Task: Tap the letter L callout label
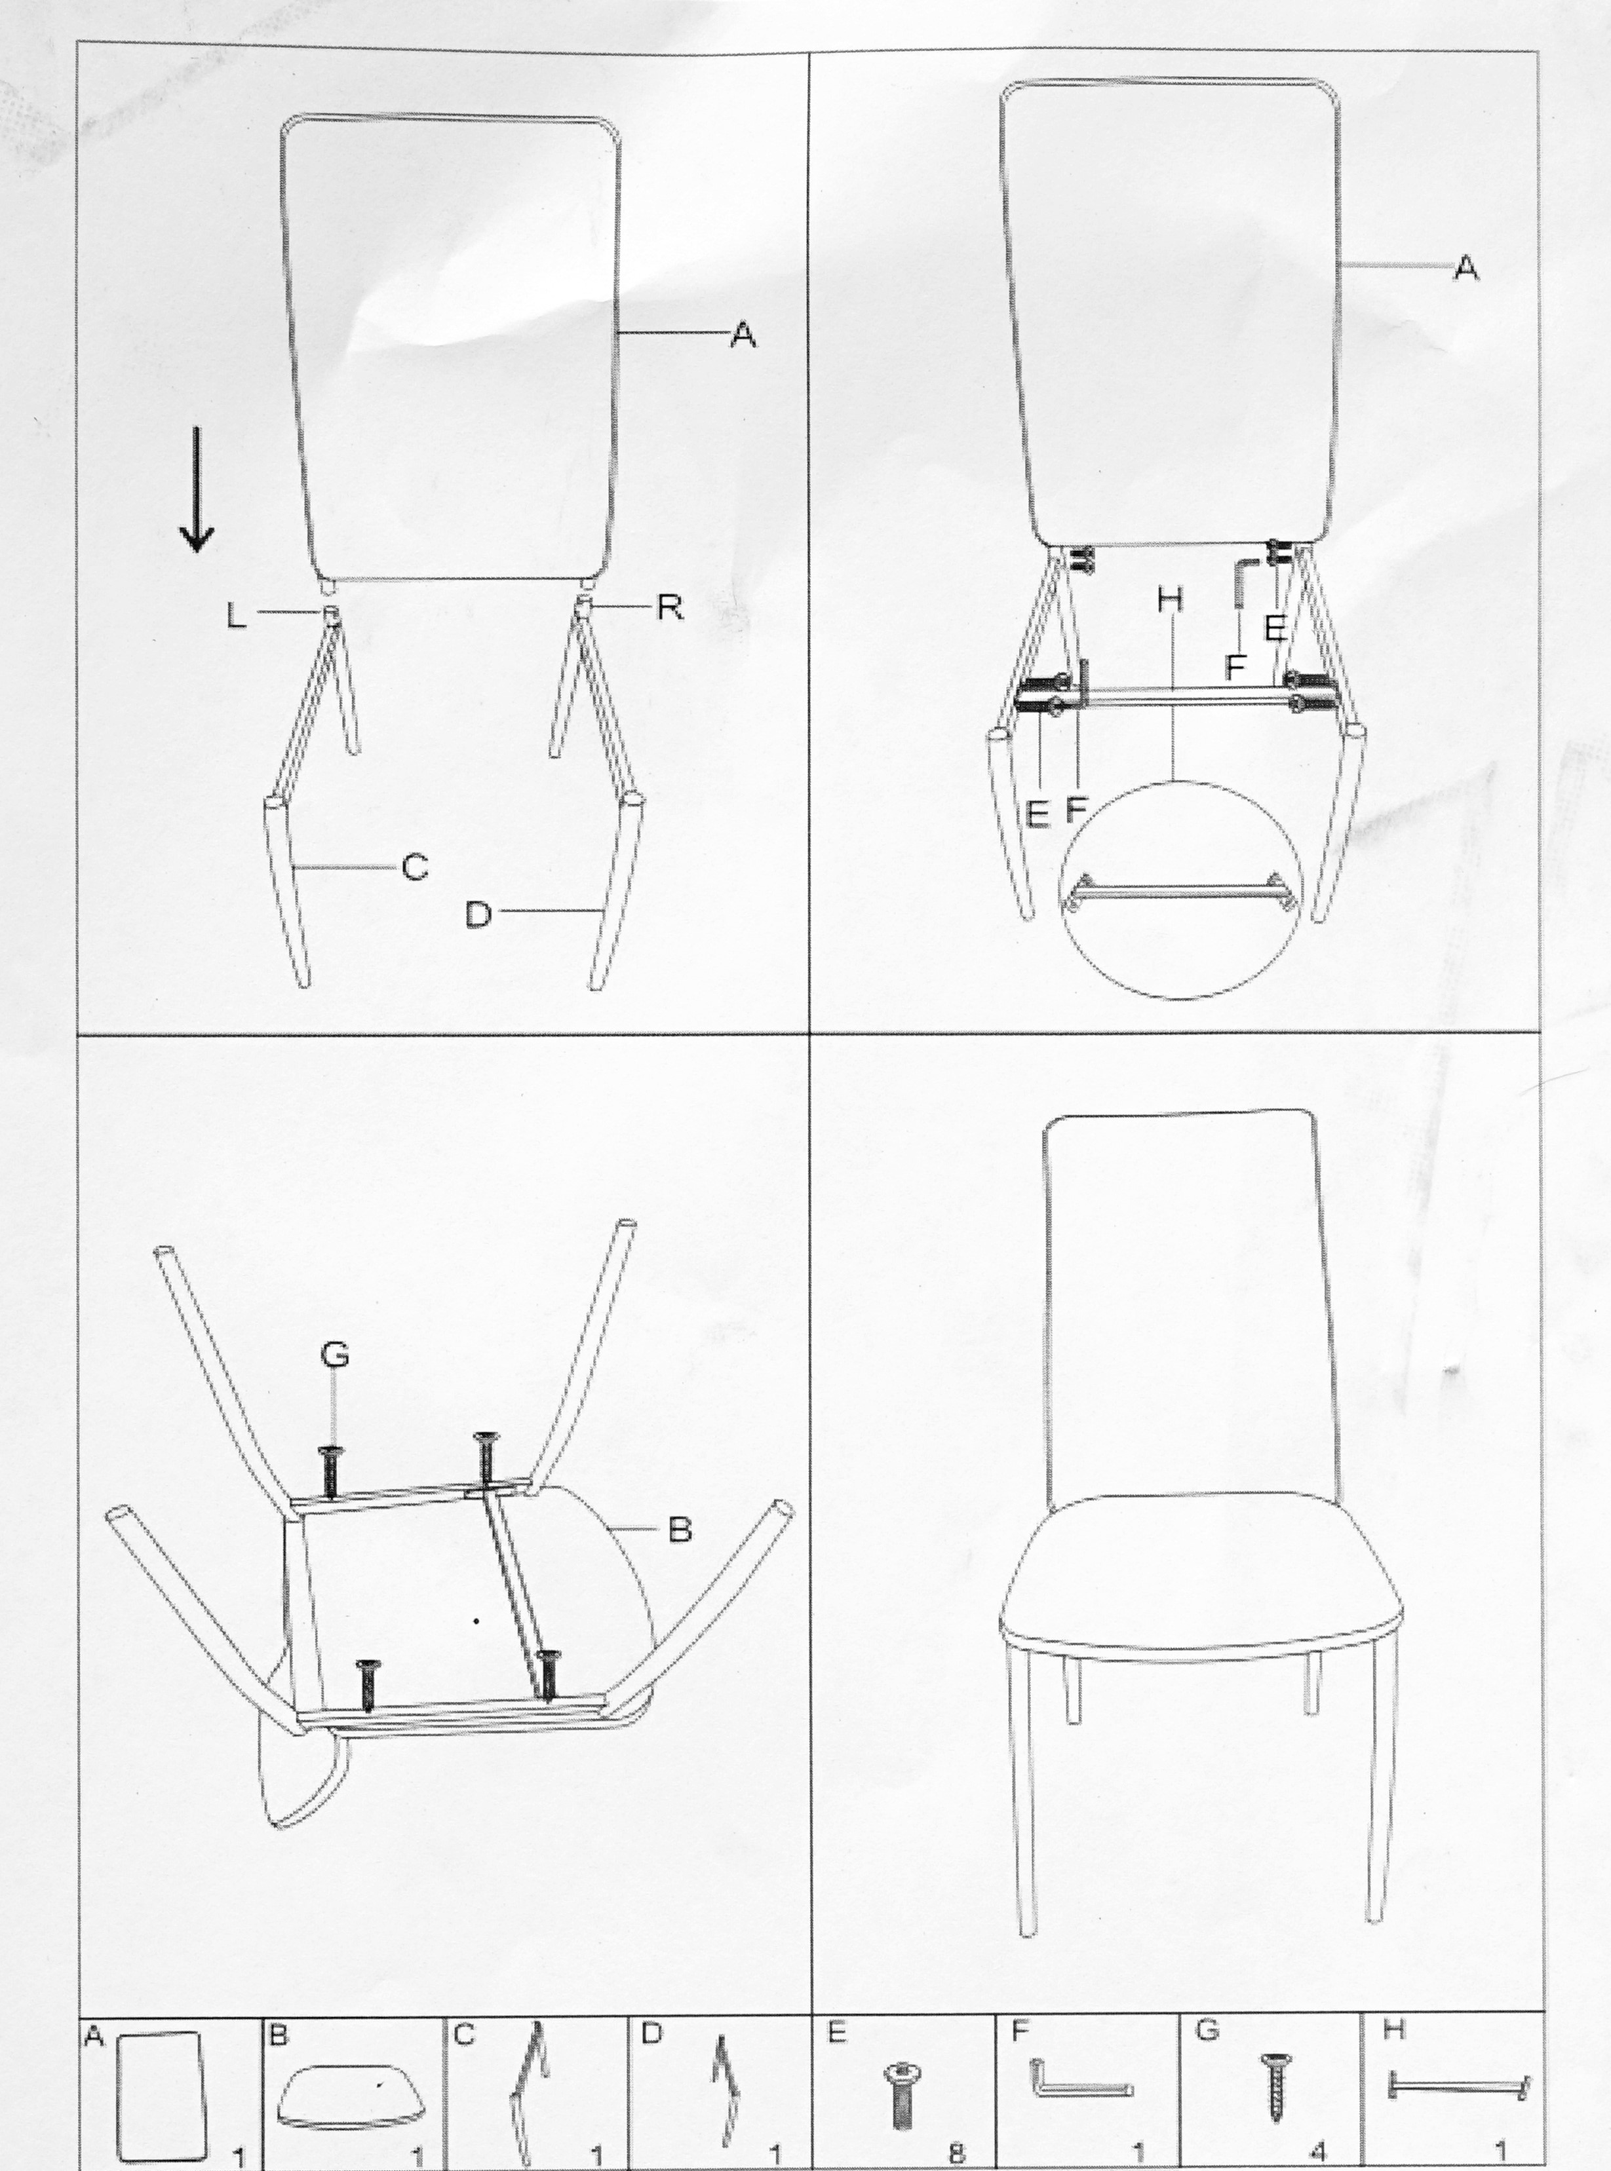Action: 236,616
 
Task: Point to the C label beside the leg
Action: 416,867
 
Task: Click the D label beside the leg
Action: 478,915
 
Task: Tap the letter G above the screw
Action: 334,1355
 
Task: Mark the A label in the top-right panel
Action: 1465,267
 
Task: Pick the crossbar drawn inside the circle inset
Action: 1180,890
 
